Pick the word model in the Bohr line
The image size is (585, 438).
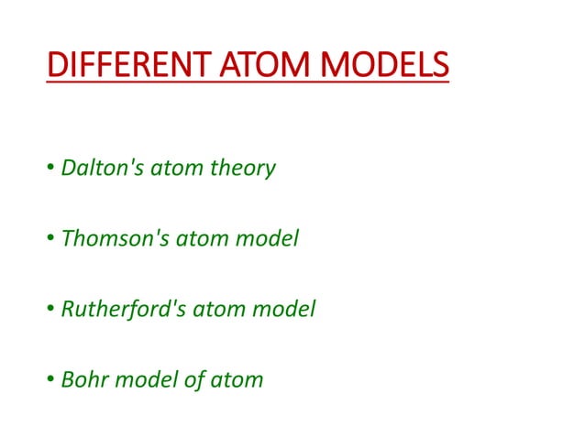coord(146,378)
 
